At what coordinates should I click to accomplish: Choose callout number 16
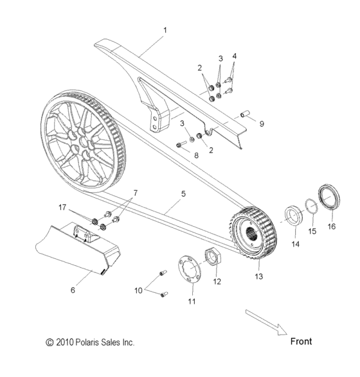click(x=332, y=226)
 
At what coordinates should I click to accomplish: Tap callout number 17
click(x=64, y=207)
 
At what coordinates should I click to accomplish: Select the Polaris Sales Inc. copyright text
click(x=90, y=343)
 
